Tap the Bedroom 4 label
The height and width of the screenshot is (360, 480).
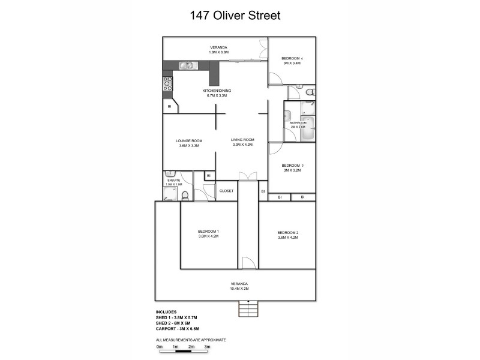point(292,58)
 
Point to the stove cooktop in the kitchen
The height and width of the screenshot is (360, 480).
point(167,83)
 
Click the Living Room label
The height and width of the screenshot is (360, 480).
point(242,140)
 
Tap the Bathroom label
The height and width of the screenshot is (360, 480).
point(298,123)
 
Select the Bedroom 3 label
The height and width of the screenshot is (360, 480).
point(292,165)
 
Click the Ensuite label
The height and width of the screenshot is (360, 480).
point(173,181)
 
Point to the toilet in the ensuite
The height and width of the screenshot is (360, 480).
point(185,194)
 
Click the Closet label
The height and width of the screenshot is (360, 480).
point(226,191)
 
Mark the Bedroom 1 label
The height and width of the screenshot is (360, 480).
point(208,232)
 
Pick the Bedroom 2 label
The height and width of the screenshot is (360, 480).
point(287,232)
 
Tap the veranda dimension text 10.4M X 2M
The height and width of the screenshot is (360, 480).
point(239,289)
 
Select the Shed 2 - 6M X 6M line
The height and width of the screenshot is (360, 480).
point(174,323)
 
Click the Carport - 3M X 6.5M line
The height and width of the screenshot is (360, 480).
point(177,329)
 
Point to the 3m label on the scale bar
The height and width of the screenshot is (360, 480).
point(207,347)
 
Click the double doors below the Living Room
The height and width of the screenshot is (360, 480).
point(247,175)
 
